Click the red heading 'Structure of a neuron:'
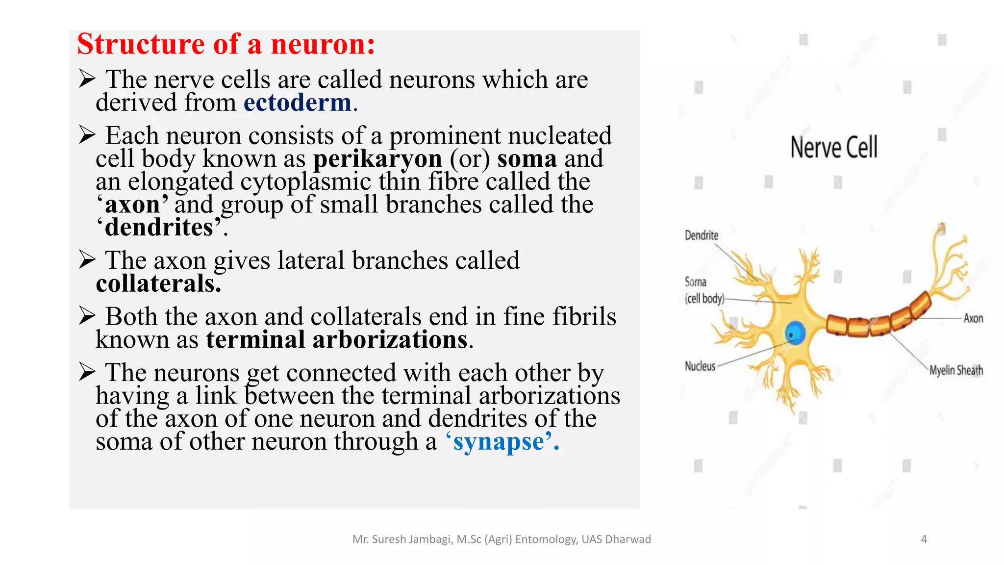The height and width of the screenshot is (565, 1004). [x=226, y=44]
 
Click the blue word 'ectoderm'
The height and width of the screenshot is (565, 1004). [x=298, y=103]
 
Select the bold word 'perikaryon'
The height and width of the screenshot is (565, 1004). [x=377, y=159]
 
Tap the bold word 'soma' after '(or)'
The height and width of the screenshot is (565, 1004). [x=527, y=159]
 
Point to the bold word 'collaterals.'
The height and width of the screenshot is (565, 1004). [x=158, y=284]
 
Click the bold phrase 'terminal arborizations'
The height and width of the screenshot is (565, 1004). [x=337, y=340]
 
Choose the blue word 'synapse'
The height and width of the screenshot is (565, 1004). [x=499, y=442]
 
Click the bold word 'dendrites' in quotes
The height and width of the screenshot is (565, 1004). [x=159, y=228]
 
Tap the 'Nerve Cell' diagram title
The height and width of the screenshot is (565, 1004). [x=834, y=147]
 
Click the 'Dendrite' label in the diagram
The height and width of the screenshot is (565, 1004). [x=701, y=235]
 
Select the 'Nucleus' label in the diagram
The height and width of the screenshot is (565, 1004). [x=700, y=366]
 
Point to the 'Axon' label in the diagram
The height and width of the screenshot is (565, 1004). [x=973, y=318]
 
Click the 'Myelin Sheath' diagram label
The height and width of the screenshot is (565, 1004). [x=956, y=370]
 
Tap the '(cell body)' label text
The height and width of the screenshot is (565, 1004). [x=704, y=298]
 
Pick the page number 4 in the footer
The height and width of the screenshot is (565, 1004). [x=924, y=539]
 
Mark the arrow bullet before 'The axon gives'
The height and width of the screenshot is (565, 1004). [x=87, y=260]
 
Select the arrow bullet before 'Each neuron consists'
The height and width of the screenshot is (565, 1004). [x=87, y=135]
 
